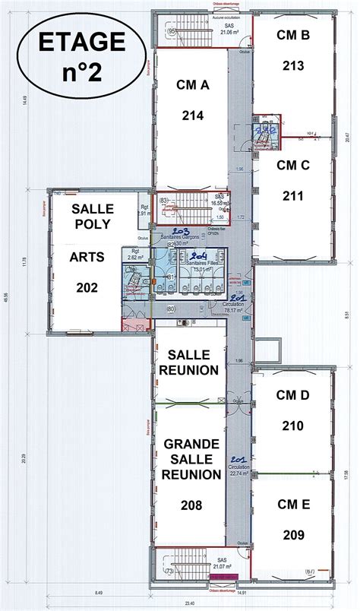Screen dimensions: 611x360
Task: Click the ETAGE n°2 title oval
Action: tap(75, 58)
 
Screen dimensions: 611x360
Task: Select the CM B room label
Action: tap(292, 34)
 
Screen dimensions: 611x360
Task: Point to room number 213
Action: tap(292, 65)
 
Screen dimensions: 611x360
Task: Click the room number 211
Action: tap(292, 196)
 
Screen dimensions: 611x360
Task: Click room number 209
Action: tap(292, 534)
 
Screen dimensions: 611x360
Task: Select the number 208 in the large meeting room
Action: tap(190, 504)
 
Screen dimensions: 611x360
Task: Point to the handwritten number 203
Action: tap(181, 230)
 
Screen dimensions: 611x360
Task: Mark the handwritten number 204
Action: tap(199, 255)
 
